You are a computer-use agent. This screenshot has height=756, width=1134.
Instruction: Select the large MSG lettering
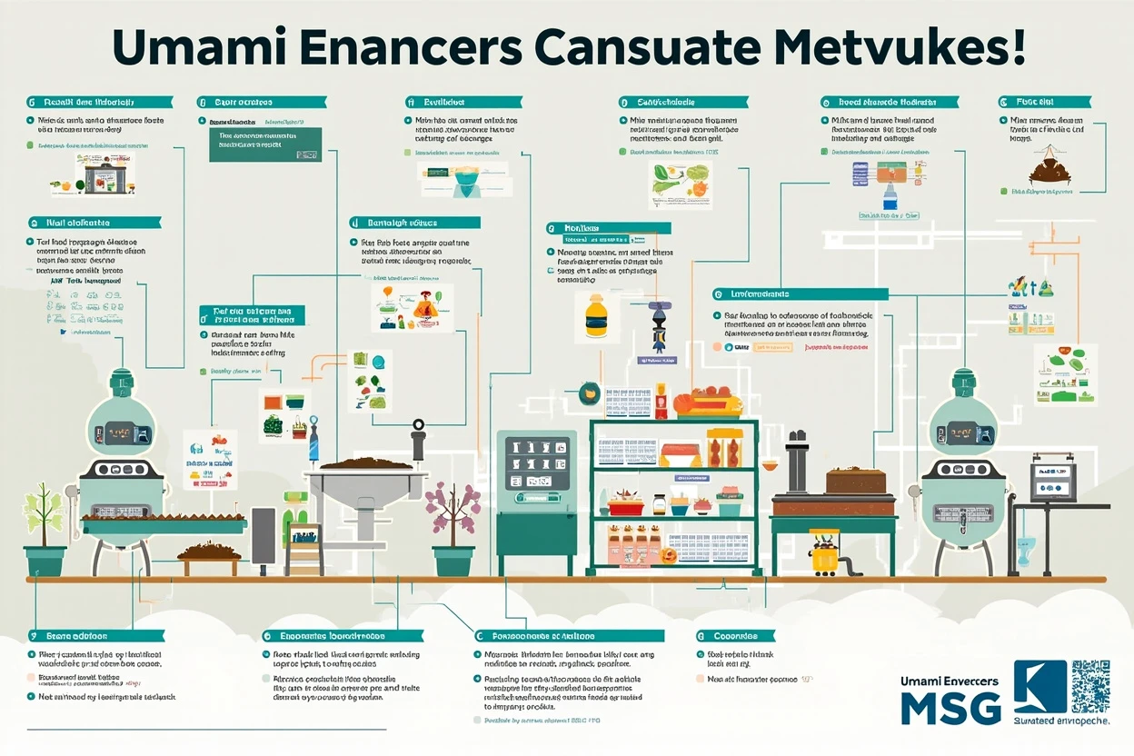coord(950,708)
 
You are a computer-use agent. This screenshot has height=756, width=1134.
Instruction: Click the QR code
coord(1089,686)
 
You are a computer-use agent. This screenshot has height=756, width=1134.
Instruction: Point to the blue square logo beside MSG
coord(1039,686)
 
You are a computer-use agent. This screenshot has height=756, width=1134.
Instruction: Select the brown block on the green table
coord(855,482)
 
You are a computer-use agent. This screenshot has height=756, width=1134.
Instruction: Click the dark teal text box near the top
coord(265,144)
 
